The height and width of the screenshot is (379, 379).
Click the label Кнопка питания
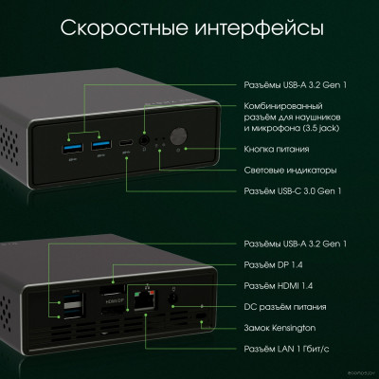coord(273,148)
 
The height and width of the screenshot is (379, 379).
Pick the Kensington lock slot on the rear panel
coord(200,314)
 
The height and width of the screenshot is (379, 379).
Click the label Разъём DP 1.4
coord(271,266)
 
